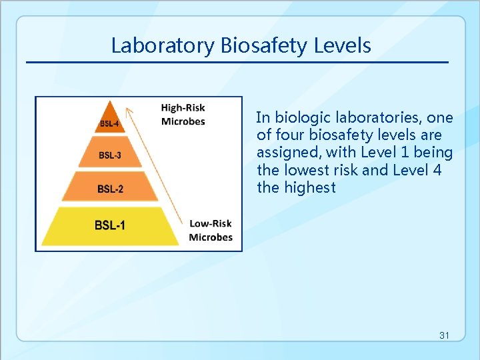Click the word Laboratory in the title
[x=163, y=45]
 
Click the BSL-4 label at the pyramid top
[x=110, y=123]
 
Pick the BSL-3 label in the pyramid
[x=110, y=155]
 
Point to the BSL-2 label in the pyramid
[x=110, y=189]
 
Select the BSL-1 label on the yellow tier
[x=109, y=225]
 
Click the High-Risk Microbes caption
[x=183, y=115]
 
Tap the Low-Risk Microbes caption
[x=211, y=231]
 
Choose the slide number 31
[x=445, y=335]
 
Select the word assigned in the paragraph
[x=289, y=153]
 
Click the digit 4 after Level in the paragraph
[x=437, y=171]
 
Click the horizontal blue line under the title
[x=237, y=63]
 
